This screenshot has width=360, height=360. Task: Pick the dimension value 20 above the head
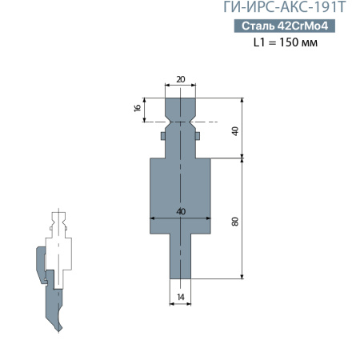[x=180, y=79]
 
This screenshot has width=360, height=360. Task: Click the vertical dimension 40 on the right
[x=235, y=129]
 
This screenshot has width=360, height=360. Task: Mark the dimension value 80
[x=235, y=222]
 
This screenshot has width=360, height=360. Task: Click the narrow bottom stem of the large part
[x=180, y=256]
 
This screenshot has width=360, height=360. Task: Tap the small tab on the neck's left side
[x=162, y=137]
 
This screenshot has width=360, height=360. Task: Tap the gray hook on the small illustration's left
[x=40, y=264]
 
